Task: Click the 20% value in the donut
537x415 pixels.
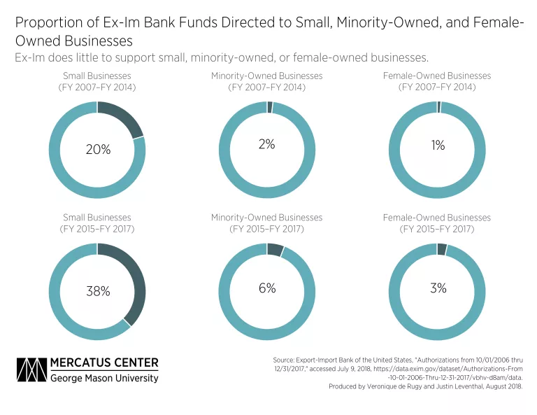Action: point(97,150)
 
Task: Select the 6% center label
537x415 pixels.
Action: point(267,288)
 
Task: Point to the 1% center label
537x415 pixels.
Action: point(438,146)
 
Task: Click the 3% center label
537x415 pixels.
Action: point(438,288)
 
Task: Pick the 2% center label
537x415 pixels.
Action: point(267,144)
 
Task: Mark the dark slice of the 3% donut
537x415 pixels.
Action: point(442,249)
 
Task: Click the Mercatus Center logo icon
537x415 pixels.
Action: point(31,370)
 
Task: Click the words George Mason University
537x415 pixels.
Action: point(104,378)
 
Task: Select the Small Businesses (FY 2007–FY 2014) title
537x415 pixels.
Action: point(96,81)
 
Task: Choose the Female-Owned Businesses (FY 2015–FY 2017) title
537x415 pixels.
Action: point(437,223)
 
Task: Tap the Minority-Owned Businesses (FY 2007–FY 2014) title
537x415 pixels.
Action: point(267,81)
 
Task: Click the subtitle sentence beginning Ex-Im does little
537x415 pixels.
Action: point(222,57)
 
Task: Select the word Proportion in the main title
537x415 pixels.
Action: point(45,24)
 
